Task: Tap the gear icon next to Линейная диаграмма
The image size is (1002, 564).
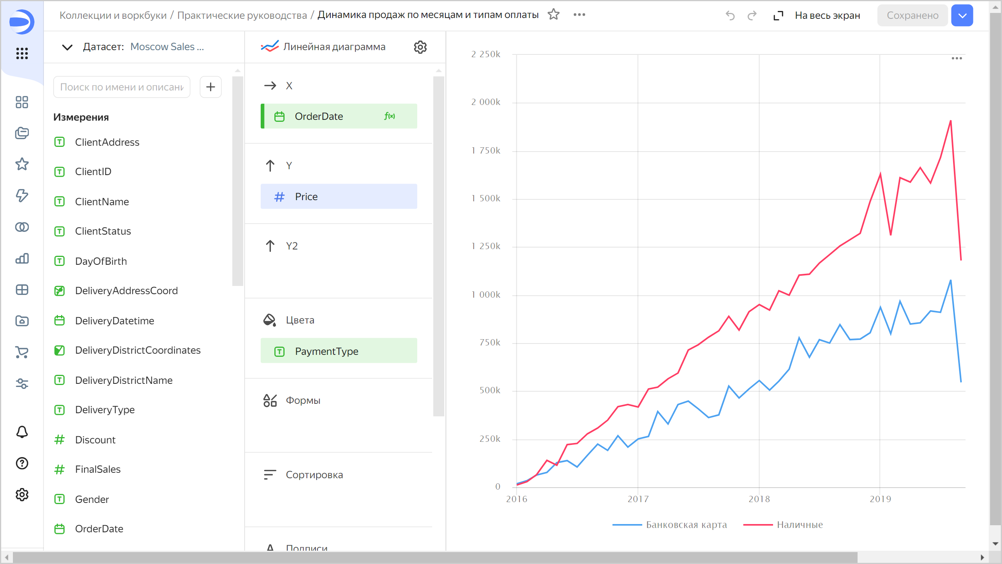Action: pyautogui.click(x=420, y=47)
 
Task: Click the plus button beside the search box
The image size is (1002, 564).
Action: pyautogui.click(x=211, y=87)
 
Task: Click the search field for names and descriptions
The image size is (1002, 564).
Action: pyautogui.click(x=122, y=87)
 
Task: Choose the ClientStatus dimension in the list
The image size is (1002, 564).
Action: pyautogui.click(x=103, y=231)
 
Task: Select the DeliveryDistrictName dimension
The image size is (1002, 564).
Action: pyautogui.click(x=124, y=380)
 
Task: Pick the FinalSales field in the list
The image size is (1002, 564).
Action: pyautogui.click(x=97, y=469)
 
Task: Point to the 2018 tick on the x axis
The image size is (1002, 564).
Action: pyautogui.click(x=759, y=499)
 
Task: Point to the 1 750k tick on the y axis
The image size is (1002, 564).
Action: pyautogui.click(x=486, y=151)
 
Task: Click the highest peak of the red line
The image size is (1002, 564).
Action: pyautogui.click(x=950, y=121)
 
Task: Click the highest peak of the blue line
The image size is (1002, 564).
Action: pyautogui.click(x=950, y=280)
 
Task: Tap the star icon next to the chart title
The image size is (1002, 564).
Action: pyautogui.click(x=553, y=15)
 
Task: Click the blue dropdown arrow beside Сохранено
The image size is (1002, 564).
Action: pyautogui.click(x=962, y=16)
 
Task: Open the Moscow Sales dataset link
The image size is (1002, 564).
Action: pyautogui.click(x=167, y=47)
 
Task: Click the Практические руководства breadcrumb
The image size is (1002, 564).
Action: pyautogui.click(x=242, y=15)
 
